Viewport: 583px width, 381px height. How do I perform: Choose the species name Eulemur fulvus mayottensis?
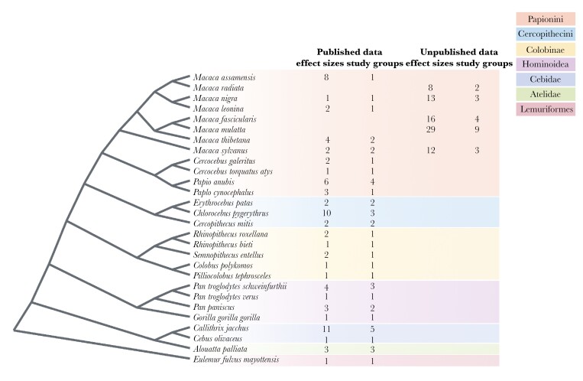point(235,360)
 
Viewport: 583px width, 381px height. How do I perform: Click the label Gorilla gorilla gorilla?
point(222,317)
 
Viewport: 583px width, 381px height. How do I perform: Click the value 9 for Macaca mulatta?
point(477,131)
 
